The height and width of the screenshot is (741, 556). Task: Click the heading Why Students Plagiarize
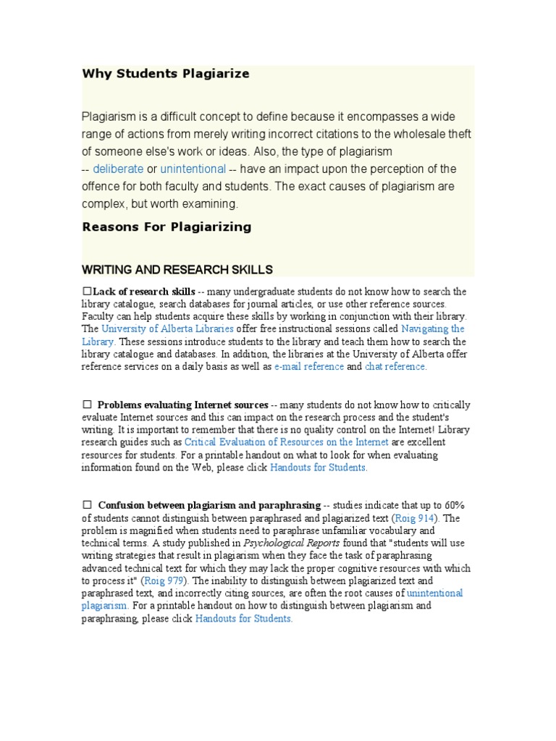pyautogui.click(x=165, y=74)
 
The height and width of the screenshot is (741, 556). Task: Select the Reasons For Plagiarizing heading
pyautogui.click(x=167, y=227)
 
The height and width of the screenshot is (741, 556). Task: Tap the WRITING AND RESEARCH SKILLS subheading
pyautogui.click(x=177, y=270)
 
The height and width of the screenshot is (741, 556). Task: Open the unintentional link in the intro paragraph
pyautogui.click(x=193, y=169)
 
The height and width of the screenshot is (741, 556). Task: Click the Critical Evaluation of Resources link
pyautogui.click(x=287, y=442)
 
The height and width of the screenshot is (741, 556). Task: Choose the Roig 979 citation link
pyautogui.click(x=164, y=580)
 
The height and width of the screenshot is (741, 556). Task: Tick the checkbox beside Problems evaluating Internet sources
pyautogui.click(x=87, y=404)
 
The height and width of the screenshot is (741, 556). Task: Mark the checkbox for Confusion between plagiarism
pyautogui.click(x=87, y=504)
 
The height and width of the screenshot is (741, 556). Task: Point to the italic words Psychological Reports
pyautogui.click(x=291, y=543)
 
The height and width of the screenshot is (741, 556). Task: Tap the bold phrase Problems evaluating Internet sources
pyautogui.click(x=182, y=405)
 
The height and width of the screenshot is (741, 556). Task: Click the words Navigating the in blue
pyautogui.click(x=432, y=329)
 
